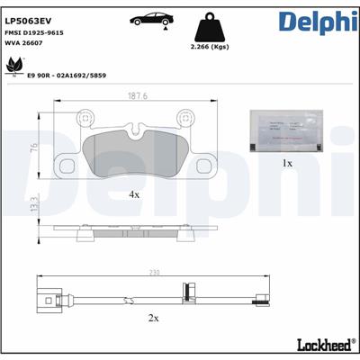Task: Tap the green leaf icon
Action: [15, 65]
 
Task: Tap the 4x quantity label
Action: [133, 194]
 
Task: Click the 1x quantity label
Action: [287, 164]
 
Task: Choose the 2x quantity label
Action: [153, 319]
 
